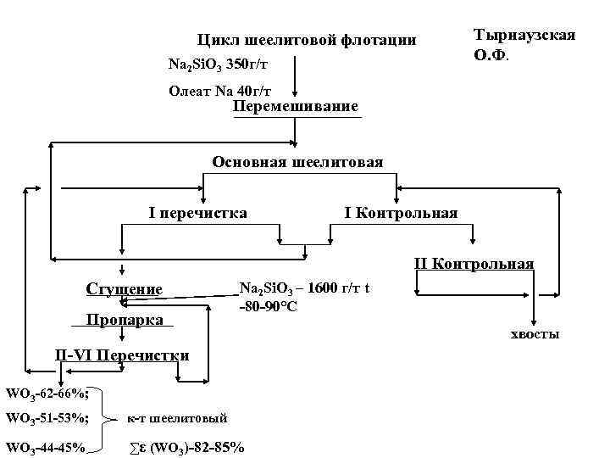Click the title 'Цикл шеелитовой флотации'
coord(306,40)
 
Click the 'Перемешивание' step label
coord(296,107)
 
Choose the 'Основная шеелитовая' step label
coord(297,162)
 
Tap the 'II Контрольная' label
coord(473,264)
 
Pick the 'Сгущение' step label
coord(124,289)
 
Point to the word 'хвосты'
coord(535,336)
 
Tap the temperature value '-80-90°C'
coord(268,306)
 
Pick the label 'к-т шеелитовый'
coord(177,418)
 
